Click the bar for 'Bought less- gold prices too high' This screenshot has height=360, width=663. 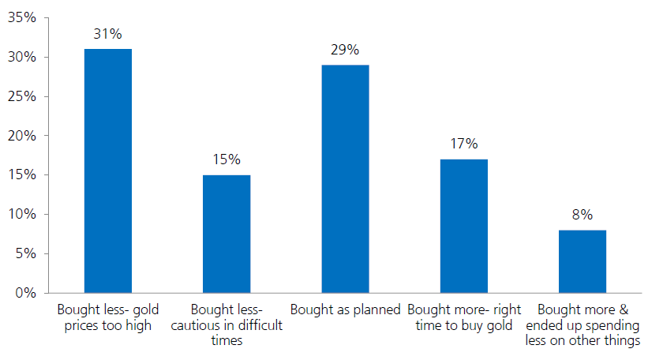[x=108, y=171]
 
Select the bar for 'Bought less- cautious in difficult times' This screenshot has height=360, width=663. [x=227, y=234]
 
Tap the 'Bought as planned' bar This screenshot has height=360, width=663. [x=345, y=178]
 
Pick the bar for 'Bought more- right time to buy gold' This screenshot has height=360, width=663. [x=463, y=226]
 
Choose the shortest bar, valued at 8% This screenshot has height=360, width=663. [x=582, y=261]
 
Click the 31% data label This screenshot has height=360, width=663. [x=108, y=35]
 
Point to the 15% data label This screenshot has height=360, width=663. [x=227, y=160]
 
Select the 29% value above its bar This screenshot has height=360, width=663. [x=345, y=51]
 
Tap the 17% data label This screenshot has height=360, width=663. [x=464, y=144]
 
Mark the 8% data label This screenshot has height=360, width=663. [x=582, y=215]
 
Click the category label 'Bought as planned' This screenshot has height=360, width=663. [x=345, y=309]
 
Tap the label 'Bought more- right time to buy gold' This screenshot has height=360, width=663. [x=463, y=317]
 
